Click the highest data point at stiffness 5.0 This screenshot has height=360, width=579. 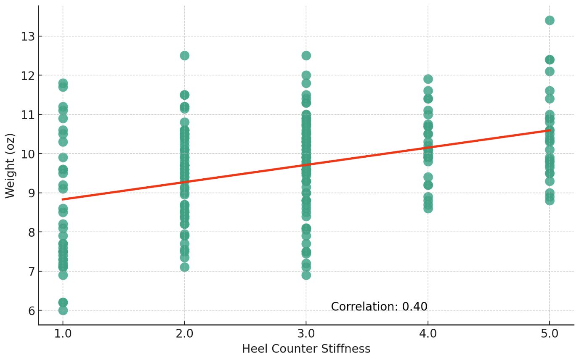point(550,20)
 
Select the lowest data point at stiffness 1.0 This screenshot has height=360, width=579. point(63,310)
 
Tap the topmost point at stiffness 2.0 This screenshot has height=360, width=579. point(184,56)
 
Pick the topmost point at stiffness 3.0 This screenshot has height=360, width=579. point(306,56)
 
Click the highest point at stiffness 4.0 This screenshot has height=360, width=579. point(428,79)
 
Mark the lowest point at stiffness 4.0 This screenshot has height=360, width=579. point(428,208)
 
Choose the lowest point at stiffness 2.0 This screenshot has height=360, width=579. point(184,267)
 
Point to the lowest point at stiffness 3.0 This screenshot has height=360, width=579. point(306,275)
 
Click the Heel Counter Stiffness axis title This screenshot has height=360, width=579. point(306,349)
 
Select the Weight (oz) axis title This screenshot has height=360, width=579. point(10,165)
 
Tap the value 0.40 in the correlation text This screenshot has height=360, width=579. point(414,307)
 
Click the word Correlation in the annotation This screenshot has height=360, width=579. point(364,307)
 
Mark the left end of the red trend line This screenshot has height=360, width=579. point(63,199)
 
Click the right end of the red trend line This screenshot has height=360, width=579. point(550,130)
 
